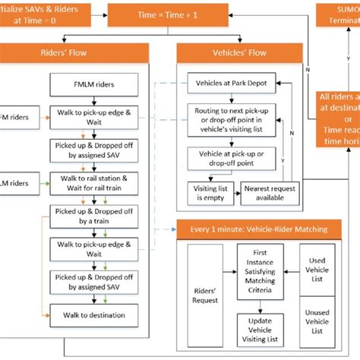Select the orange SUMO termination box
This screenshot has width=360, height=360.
point(338,13)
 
